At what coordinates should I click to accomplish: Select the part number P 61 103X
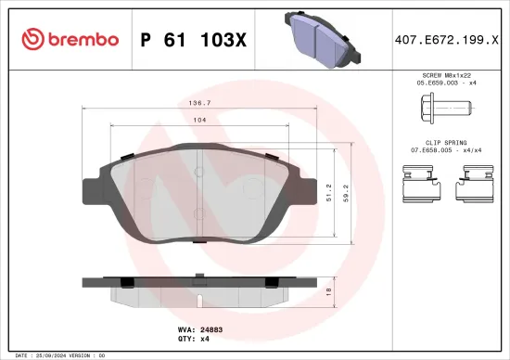[192, 39]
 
